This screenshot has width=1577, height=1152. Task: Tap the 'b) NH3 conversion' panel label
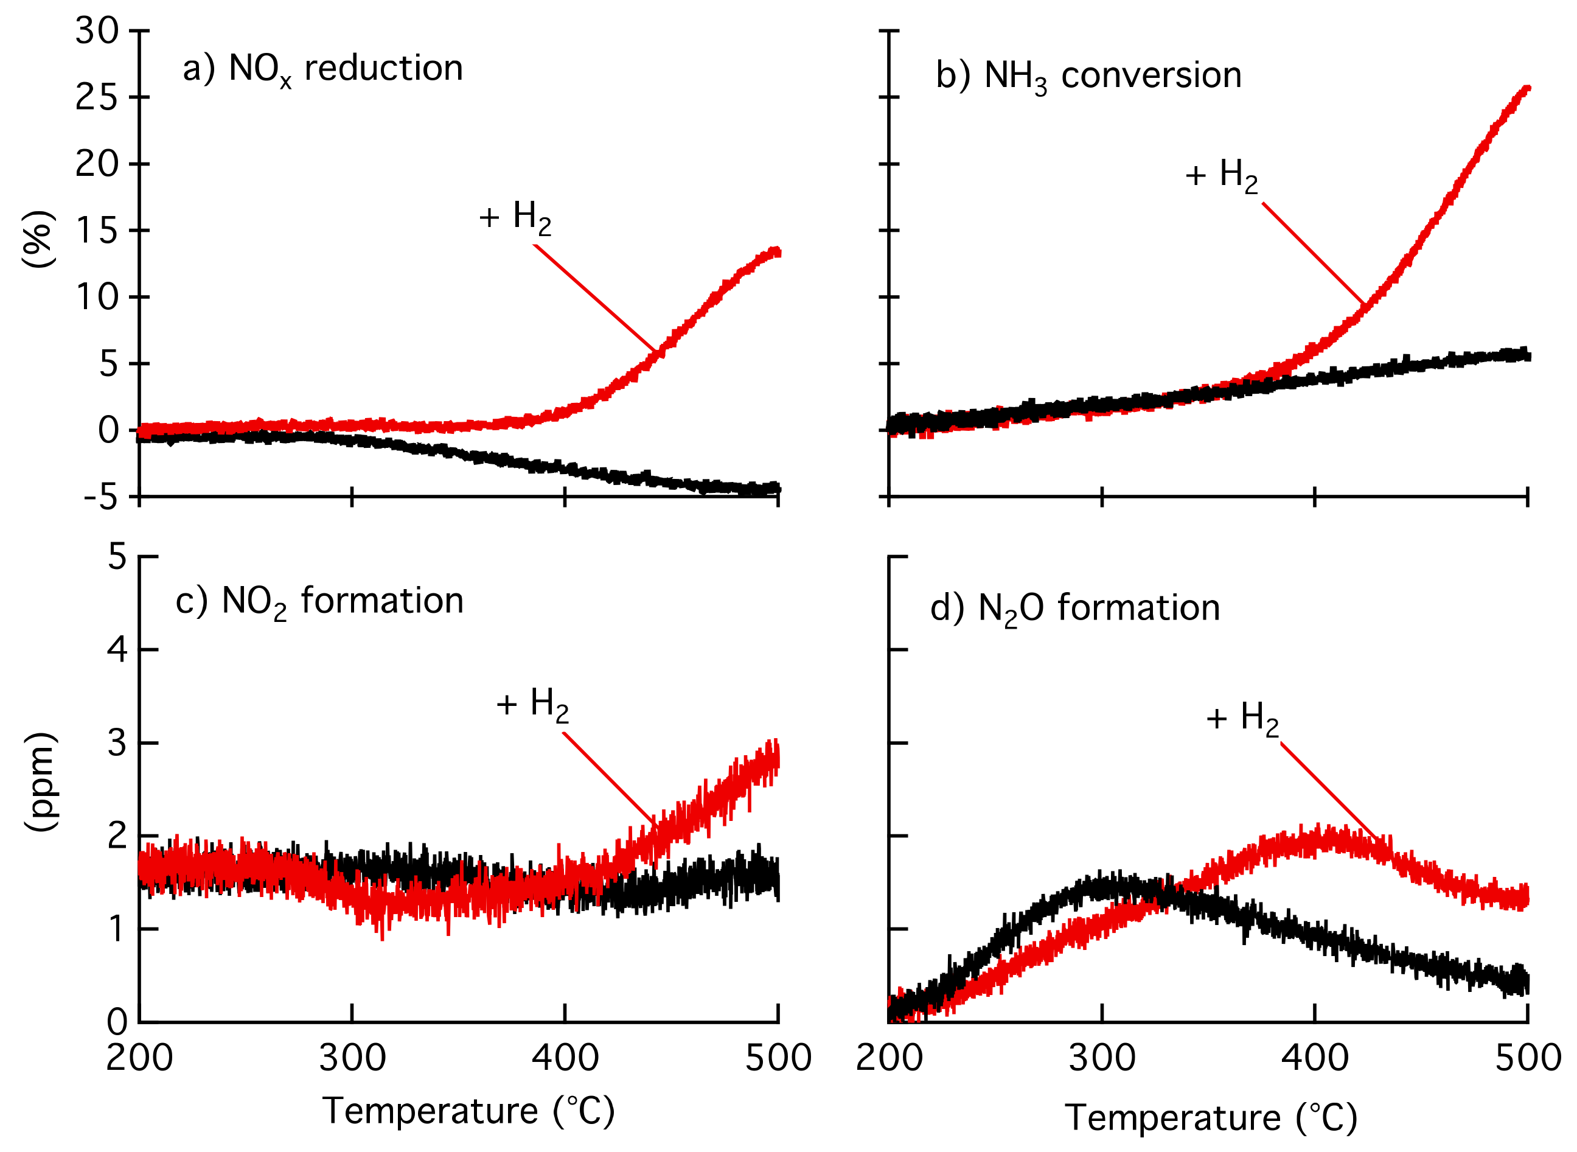click(x=1088, y=77)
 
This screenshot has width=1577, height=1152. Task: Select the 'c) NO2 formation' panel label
click(x=319, y=602)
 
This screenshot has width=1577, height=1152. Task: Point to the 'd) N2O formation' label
click(x=1074, y=609)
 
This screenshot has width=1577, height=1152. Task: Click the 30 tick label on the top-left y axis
click(x=97, y=32)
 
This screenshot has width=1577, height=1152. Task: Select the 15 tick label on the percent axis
click(x=97, y=231)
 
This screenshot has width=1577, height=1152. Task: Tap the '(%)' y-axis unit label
click(x=39, y=239)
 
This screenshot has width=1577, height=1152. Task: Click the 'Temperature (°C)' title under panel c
click(x=468, y=1112)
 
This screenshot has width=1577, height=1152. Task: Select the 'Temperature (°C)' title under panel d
click(x=1210, y=1119)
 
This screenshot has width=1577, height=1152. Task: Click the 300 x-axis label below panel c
click(x=352, y=1058)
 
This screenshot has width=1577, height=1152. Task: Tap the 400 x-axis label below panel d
click(x=1314, y=1058)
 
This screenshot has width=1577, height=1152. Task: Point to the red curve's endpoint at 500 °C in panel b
click(x=1525, y=89)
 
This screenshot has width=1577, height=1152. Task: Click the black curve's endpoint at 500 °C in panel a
click(x=777, y=489)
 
